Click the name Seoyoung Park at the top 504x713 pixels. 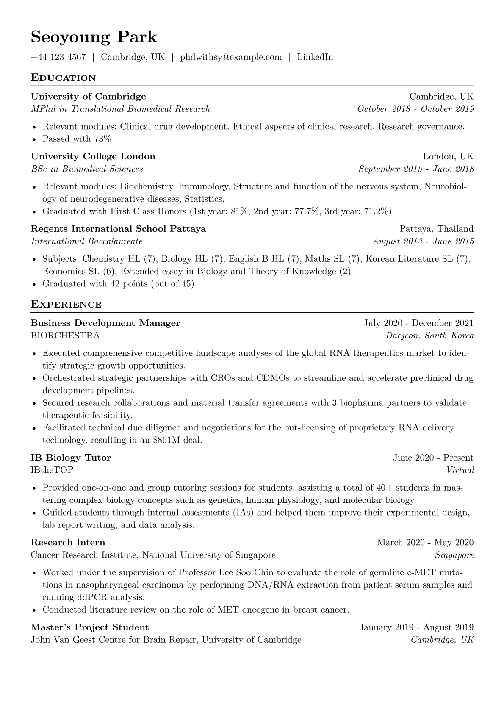pos(94,37)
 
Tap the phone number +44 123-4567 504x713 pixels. pos(58,57)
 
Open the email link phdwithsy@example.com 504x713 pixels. pos(231,57)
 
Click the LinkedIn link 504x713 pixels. pos(315,57)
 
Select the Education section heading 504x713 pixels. pos(63,78)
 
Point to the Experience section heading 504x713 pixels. pos(66,305)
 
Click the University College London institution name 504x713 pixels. pos(93,156)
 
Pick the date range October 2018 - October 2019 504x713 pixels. pos(415,109)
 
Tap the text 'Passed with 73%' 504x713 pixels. pos(77,139)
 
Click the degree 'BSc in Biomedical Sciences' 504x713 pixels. pos(87,169)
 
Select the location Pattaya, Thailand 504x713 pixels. pos(436,229)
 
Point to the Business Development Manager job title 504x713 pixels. pos(105,323)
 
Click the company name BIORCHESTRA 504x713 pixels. pos(65,336)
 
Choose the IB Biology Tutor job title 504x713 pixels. pos(71,458)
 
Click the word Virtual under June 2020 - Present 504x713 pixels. pos(460,470)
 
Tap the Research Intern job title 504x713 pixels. pos(68,542)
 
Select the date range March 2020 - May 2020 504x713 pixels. pos(425,542)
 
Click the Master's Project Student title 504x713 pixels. pos(90,627)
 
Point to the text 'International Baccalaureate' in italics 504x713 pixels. pos(87,241)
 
